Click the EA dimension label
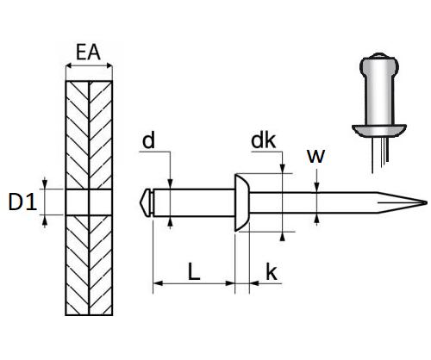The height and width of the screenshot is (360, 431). point(88,52)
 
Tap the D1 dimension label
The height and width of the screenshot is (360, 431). point(22,202)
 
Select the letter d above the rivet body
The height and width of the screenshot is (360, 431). point(148,140)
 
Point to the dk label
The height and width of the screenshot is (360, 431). point(263,140)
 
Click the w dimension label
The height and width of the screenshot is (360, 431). point(316,156)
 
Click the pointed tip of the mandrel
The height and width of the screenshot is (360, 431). point(427,202)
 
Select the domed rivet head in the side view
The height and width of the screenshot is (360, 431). point(242,202)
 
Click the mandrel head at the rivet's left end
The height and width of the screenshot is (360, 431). point(146,202)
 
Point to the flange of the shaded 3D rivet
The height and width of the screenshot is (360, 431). point(379,130)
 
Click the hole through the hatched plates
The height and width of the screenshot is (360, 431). point(89,202)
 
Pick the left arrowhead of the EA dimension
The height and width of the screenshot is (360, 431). point(69,66)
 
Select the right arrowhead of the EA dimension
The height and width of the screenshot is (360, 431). point(109,66)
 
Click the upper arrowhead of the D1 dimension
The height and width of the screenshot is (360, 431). point(45,183)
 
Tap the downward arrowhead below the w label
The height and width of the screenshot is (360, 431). point(316,187)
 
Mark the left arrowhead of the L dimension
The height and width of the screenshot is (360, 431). point(158,283)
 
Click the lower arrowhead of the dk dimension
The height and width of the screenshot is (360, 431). point(283,236)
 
